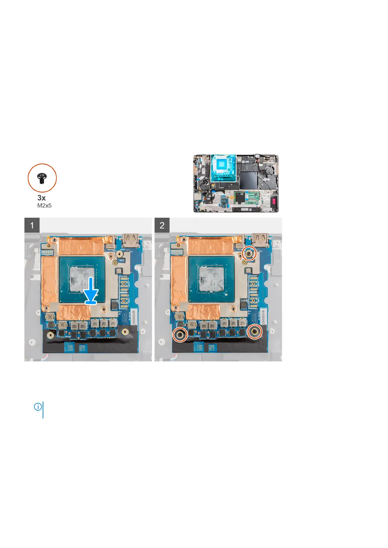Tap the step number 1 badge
pos(32,225)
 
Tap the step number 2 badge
pos(162,225)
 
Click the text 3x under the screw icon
pos(41,198)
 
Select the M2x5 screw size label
pos(44,206)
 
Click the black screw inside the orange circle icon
pos(42,178)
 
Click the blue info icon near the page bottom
pos(38,407)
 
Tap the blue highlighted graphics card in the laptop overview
pos(223,168)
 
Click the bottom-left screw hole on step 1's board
pos(51,334)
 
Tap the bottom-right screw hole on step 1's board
pos(125,332)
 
